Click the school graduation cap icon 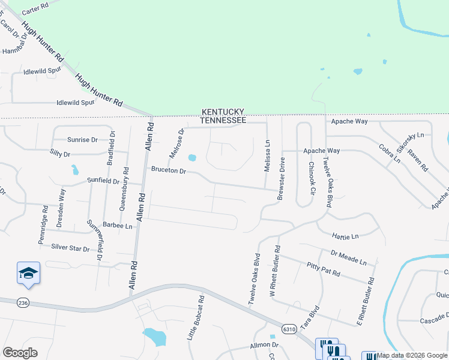click(28, 274)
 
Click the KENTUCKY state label click(223, 112)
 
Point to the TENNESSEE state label click(223, 121)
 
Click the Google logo click(20, 353)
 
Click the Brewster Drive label click(280, 179)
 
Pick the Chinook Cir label click(312, 178)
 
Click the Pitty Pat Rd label click(323, 269)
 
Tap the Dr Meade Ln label click(348, 257)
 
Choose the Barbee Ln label click(117, 226)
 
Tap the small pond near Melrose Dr click(192, 158)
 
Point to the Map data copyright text click(412, 356)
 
